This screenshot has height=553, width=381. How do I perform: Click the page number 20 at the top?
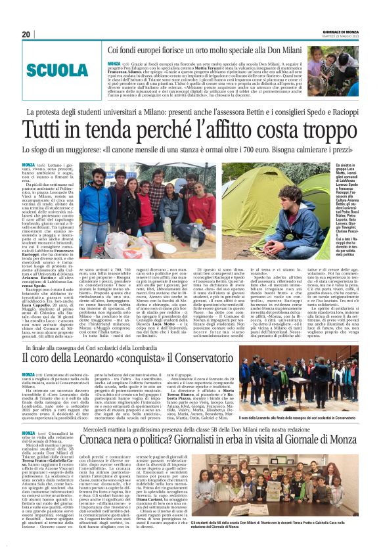click(x=26, y=34)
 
